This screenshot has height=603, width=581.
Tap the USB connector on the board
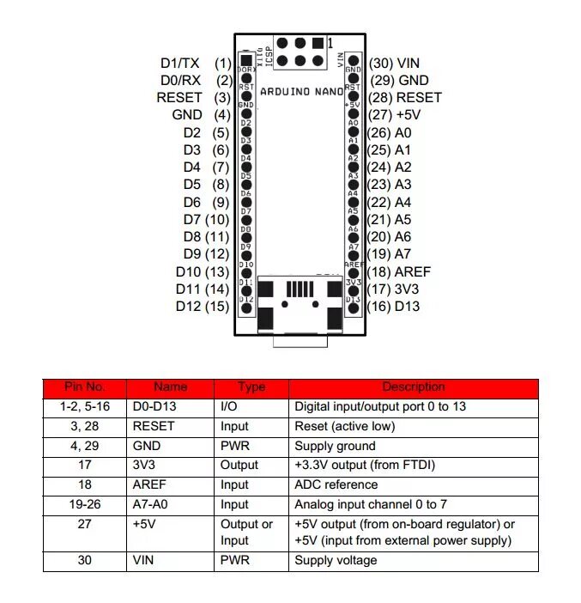pyautogui.click(x=300, y=306)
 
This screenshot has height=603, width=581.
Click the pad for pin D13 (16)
pyautogui.click(x=353, y=308)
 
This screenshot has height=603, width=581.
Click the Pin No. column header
pyautogui.click(x=84, y=387)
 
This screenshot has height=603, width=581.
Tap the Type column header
pyautogui.click(x=251, y=387)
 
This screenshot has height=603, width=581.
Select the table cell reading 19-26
pyautogui.click(x=84, y=504)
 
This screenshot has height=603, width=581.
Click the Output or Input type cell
pyautogui.click(x=247, y=533)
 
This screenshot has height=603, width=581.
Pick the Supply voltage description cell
pyautogui.click(x=336, y=560)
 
